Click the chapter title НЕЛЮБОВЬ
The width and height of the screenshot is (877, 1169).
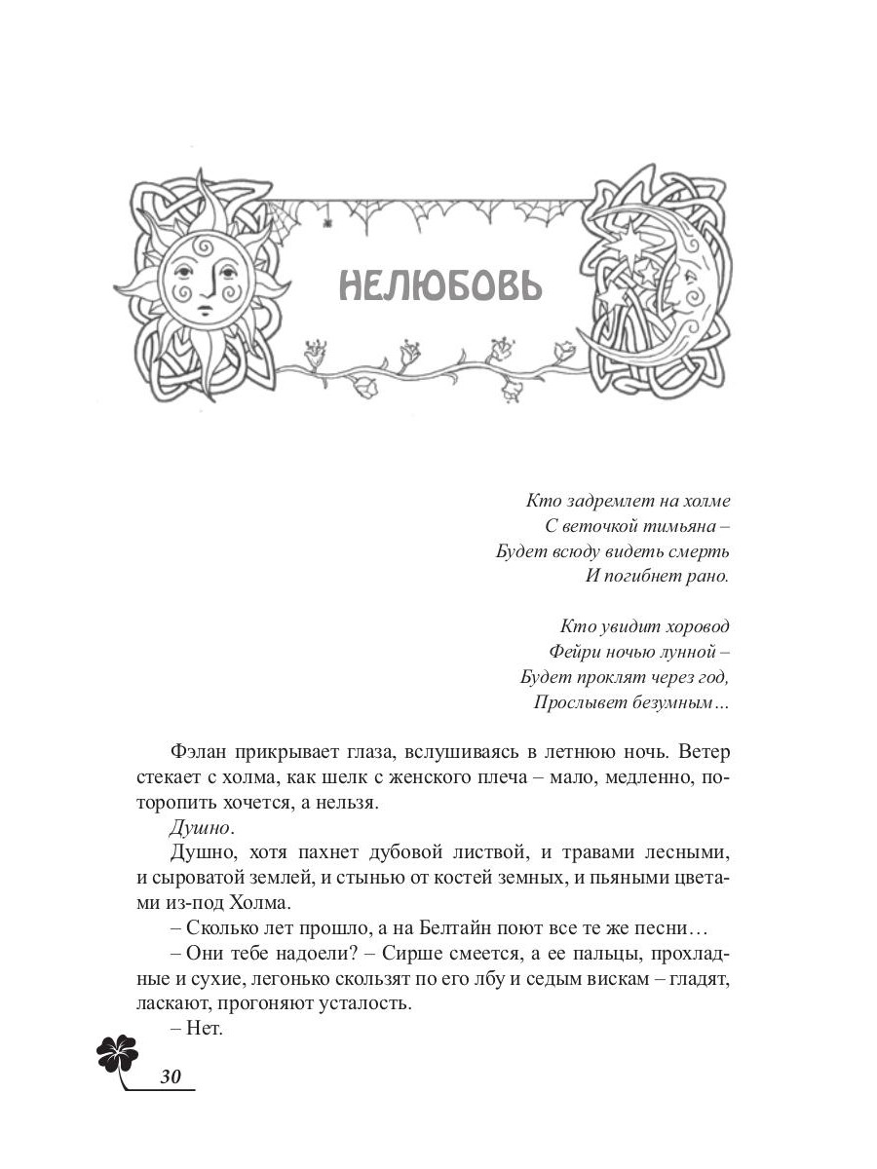tap(438, 284)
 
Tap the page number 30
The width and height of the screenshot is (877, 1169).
tap(172, 1075)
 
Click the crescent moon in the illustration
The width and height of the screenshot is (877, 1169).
tap(672, 283)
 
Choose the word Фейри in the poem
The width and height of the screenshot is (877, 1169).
tap(575, 651)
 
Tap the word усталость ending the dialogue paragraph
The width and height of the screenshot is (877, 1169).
tap(363, 1002)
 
